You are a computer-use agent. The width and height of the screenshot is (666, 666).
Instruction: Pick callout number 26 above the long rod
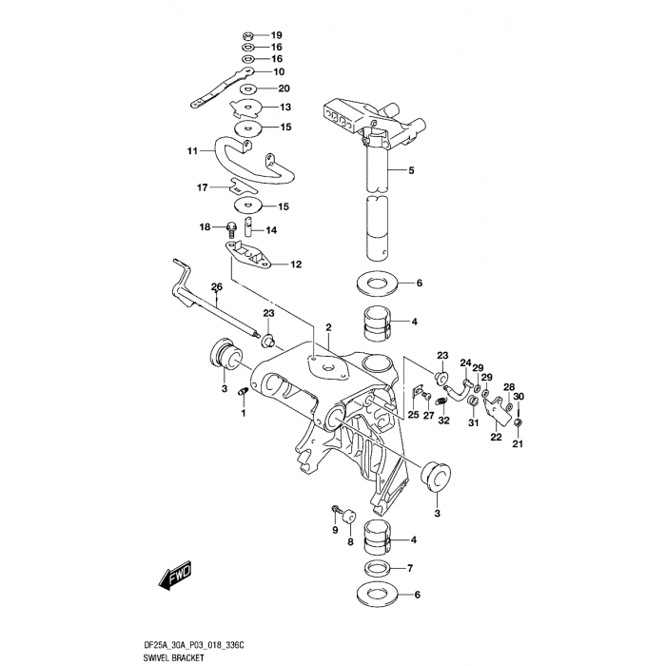pos(216,286)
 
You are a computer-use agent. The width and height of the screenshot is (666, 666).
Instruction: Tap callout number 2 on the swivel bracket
pos(327,326)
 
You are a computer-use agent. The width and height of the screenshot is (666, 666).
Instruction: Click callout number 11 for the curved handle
pos(191,150)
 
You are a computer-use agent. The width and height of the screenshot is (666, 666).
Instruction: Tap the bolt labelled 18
pos(232,226)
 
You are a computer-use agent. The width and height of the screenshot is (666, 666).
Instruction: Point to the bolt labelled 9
pos(336,509)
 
